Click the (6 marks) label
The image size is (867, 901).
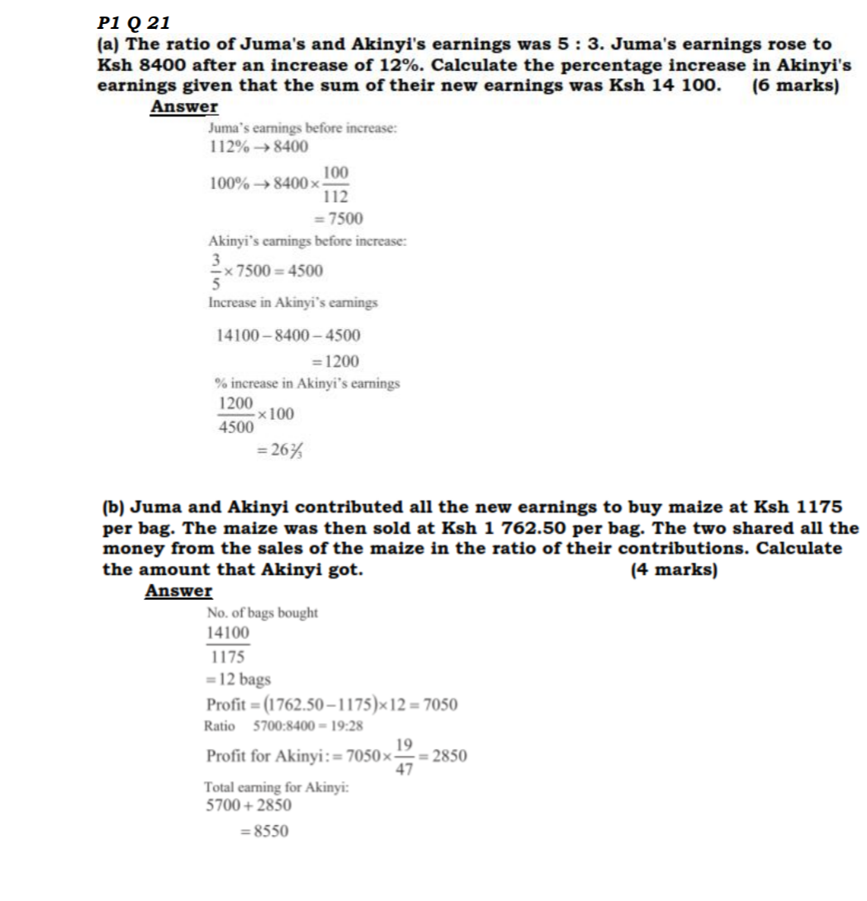pos(796,86)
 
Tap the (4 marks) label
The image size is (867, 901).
pos(673,569)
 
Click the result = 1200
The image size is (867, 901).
pos(334,361)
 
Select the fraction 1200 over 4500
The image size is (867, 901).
pos(236,414)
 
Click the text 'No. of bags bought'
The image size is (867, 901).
pos(262,613)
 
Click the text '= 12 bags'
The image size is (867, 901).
pos(239,680)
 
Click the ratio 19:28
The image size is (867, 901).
pos(347,726)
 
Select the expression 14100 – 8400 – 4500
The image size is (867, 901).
pos(287,336)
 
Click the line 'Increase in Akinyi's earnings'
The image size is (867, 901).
pos(293,303)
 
